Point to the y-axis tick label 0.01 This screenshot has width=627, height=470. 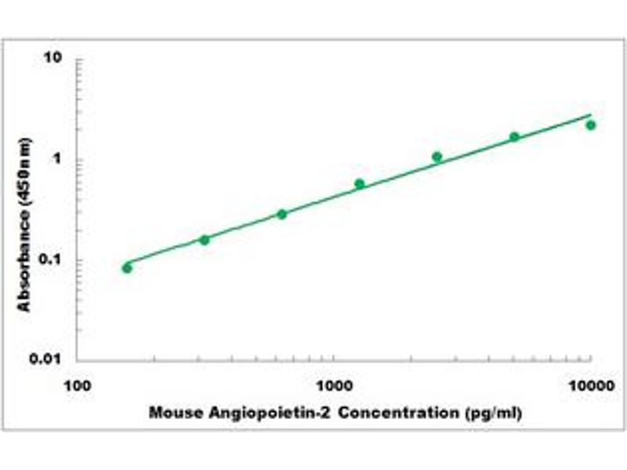coord(48,359)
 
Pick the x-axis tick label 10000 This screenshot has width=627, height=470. coord(590,385)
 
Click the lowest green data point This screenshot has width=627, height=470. coord(127,268)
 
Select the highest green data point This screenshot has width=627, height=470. coord(591,125)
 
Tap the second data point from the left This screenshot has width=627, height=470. coord(205,240)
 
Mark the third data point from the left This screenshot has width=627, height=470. coord(282,214)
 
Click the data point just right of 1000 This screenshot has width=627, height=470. coord(359,184)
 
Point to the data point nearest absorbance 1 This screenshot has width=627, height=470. coord(437,157)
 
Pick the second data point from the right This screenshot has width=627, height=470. coord(514,137)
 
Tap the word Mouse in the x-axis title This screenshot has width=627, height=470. coord(170,412)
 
